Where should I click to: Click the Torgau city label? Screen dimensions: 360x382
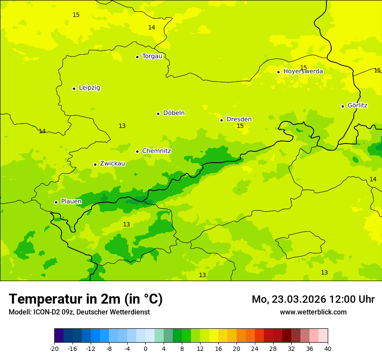[152, 56]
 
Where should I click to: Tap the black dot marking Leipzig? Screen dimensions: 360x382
[74, 88]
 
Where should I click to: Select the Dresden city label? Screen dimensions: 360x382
[239, 119]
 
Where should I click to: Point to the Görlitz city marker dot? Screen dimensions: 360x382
[342, 106]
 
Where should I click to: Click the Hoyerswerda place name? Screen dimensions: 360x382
[303, 72]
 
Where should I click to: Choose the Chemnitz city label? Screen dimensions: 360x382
[156, 151]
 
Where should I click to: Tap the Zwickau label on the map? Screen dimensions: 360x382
[112, 164]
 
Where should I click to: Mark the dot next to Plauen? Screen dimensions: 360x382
[56, 202]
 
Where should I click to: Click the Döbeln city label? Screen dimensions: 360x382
[174, 113]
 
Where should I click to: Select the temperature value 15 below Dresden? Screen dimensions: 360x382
[240, 126]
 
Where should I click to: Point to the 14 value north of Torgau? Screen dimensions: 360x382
[151, 27]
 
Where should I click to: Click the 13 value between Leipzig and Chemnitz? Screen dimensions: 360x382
[122, 126]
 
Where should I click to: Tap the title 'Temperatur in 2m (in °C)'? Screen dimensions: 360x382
[86, 299]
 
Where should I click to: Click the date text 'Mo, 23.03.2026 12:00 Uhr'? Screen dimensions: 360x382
[313, 299]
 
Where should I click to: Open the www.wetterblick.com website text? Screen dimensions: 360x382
[313, 312]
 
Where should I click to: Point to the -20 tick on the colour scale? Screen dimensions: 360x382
[54, 349]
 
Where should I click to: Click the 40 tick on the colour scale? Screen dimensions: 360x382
[328, 349]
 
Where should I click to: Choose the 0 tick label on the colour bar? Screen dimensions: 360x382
[145, 349]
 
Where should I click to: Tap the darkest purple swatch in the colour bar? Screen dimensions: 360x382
[59, 336]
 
